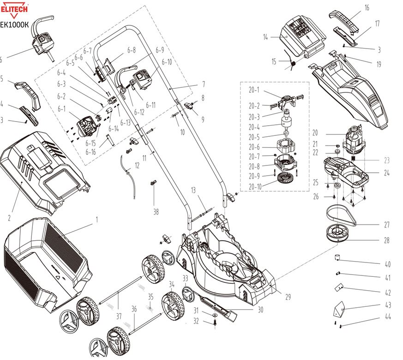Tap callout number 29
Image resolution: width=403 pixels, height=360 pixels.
288,297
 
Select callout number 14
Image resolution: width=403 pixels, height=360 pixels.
265,37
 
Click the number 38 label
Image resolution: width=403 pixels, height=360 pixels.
156,212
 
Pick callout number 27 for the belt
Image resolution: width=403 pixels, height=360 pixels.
387,225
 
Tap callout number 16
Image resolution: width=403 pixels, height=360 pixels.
367,8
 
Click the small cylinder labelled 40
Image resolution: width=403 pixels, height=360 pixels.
338,257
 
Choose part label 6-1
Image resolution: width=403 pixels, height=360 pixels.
61,109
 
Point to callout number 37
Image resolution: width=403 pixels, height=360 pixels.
118,316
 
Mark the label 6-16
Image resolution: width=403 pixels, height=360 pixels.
90,152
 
